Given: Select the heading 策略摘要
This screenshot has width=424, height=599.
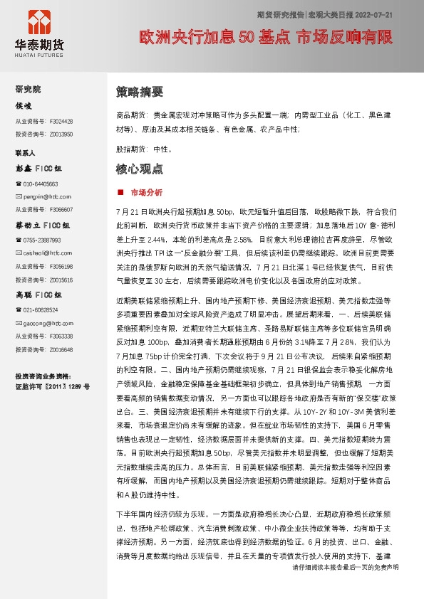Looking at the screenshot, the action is coord(140,92).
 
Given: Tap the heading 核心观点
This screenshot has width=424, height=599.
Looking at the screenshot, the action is coord(140,169).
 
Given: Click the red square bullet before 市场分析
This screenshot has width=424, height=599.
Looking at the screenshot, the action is coord(120,193).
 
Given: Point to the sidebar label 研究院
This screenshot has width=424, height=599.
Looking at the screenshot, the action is coord(29,89).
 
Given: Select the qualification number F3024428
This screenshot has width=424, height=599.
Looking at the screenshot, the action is coord(61,121).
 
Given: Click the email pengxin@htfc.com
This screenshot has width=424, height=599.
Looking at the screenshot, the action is coord(43,196).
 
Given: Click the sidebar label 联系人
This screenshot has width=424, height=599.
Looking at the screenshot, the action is coord(26,153).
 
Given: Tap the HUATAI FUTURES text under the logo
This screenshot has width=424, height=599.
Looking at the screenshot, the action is coord(39,53).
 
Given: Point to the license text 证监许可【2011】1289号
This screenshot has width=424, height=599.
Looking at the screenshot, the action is coord(52,387).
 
